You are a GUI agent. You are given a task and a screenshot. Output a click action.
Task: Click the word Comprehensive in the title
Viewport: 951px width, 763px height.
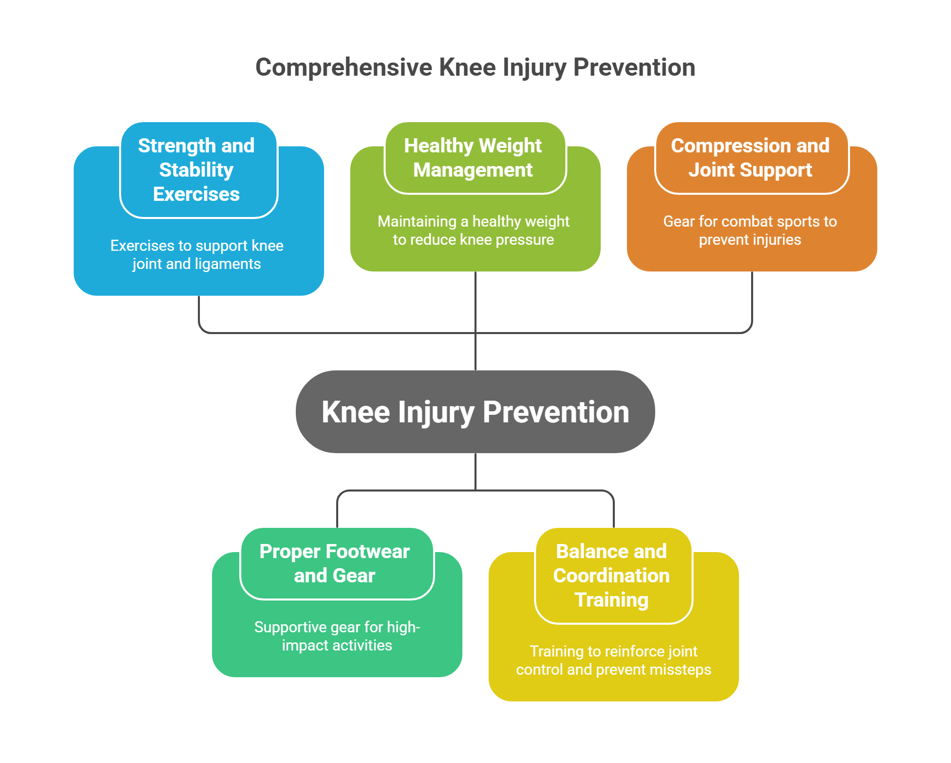[344, 68]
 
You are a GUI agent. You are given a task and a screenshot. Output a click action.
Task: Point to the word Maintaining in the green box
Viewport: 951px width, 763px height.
[417, 222]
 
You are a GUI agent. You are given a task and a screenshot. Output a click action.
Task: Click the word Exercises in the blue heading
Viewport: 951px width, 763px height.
[196, 194]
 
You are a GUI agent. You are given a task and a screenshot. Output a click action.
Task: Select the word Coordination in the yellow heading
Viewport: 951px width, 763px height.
[611, 576]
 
